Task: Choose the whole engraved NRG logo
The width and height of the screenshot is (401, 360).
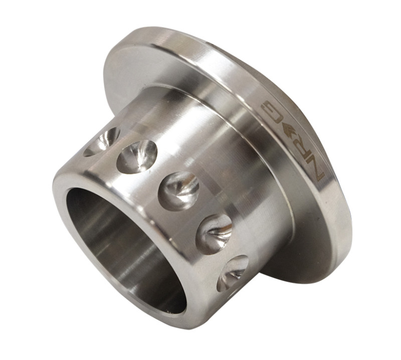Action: click(293, 139)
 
